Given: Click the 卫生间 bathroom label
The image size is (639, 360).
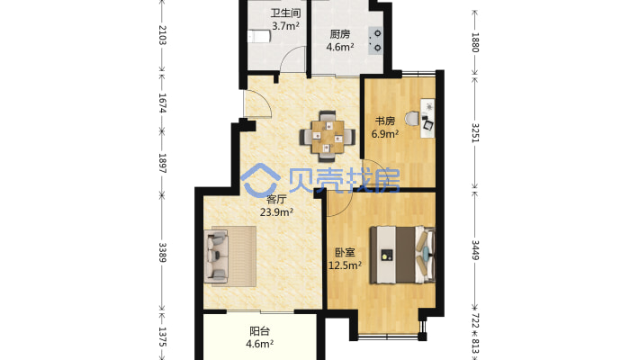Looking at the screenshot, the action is [x=285, y=13].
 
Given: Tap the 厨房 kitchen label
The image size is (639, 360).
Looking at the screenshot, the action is [x=340, y=34].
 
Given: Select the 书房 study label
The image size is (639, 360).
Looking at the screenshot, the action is [x=384, y=121].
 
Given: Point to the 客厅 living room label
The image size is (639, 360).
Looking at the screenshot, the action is [x=276, y=200].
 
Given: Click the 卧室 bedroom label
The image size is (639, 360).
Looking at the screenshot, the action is [x=345, y=253].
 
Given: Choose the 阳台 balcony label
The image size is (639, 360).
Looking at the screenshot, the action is [x=259, y=331].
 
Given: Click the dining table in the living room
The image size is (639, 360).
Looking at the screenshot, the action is [x=328, y=137].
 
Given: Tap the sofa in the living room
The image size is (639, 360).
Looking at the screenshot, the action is [x=216, y=256].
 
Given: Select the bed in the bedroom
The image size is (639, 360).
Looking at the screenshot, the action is [x=402, y=255].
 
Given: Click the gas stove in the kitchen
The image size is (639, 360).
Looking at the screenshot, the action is [x=375, y=40].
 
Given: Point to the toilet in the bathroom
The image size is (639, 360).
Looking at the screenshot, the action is [x=259, y=36].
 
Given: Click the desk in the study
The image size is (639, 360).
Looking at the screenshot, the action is [x=427, y=117].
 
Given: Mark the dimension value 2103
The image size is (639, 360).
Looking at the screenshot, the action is [x=162, y=35].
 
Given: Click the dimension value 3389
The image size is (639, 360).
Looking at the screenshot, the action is [x=162, y=253].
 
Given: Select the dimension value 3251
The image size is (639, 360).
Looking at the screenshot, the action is [x=475, y=132].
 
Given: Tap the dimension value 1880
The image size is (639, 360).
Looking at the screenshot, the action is [x=475, y=42].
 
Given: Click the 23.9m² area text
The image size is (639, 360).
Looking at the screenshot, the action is [x=276, y=212].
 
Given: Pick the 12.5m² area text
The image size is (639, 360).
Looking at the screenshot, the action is [x=346, y=265].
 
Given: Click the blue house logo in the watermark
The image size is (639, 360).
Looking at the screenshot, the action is [x=260, y=180].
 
